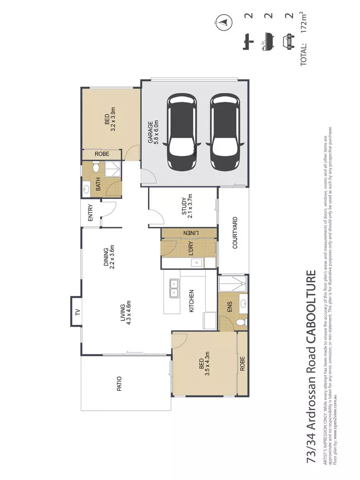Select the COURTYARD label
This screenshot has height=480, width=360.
coord(235,232)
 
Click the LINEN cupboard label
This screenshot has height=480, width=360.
coord(188,233)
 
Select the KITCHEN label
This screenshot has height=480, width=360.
coord(191,301)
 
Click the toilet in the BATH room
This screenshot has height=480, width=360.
coord(96,168)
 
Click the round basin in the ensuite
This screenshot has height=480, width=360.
coord(243,303)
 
